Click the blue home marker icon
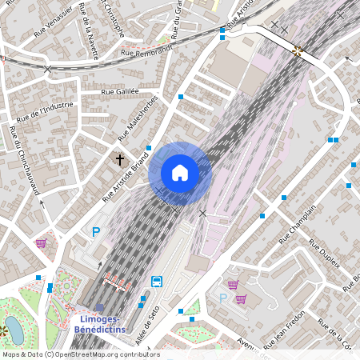(179, 173)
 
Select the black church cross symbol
(121, 160)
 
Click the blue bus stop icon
(156, 282)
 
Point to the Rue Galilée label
(119, 93)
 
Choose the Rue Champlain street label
(298, 223)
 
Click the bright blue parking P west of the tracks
(96, 232)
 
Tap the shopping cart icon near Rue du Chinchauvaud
(41, 242)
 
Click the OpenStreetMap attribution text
(81, 354)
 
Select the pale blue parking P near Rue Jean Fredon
(223, 298)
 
